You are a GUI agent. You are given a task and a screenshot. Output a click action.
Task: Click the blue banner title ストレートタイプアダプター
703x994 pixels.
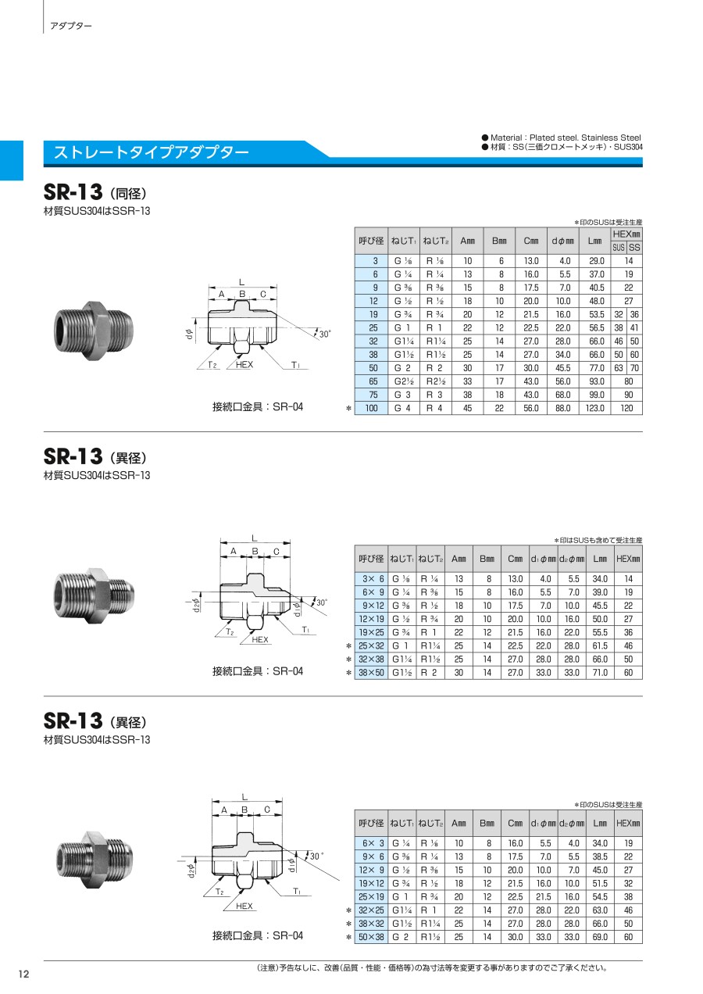(x=151, y=152)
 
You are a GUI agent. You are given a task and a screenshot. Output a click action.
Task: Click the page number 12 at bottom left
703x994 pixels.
(x=23, y=974)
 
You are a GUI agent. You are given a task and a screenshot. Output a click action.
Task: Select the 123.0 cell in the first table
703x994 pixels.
(x=594, y=408)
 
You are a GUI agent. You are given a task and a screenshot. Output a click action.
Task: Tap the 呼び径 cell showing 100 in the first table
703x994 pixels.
(x=371, y=408)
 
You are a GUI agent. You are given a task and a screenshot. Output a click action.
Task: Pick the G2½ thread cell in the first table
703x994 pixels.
(x=404, y=381)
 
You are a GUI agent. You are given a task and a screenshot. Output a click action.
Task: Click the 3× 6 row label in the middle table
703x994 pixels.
(x=371, y=578)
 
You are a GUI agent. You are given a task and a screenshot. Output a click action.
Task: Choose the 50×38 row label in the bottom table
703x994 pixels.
(x=371, y=937)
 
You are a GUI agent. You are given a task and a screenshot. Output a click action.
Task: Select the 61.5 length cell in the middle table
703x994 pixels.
(x=600, y=645)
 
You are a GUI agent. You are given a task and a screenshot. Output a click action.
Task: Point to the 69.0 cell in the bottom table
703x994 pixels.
(x=600, y=937)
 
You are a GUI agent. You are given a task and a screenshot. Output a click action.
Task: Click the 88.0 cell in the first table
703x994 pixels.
(x=563, y=408)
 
